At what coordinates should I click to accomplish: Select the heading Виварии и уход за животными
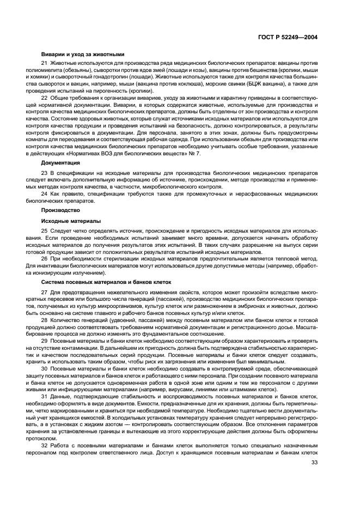point(83,54)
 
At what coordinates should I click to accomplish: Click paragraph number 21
point(45,64)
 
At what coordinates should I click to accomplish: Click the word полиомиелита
point(58,71)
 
